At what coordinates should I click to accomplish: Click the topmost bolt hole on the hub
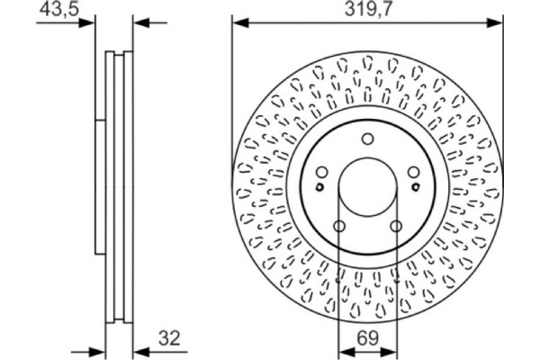click(367, 139)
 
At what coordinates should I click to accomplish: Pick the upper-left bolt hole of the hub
click(321, 172)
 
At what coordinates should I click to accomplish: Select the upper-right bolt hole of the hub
click(413, 172)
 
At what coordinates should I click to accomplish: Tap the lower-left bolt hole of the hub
click(339, 226)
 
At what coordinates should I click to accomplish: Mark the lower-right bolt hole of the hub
click(395, 226)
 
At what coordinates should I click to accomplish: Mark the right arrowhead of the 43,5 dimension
click(138, 22)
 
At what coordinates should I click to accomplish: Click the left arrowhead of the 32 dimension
click(100, 350)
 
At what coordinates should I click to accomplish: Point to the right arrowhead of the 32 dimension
click(138, 350)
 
